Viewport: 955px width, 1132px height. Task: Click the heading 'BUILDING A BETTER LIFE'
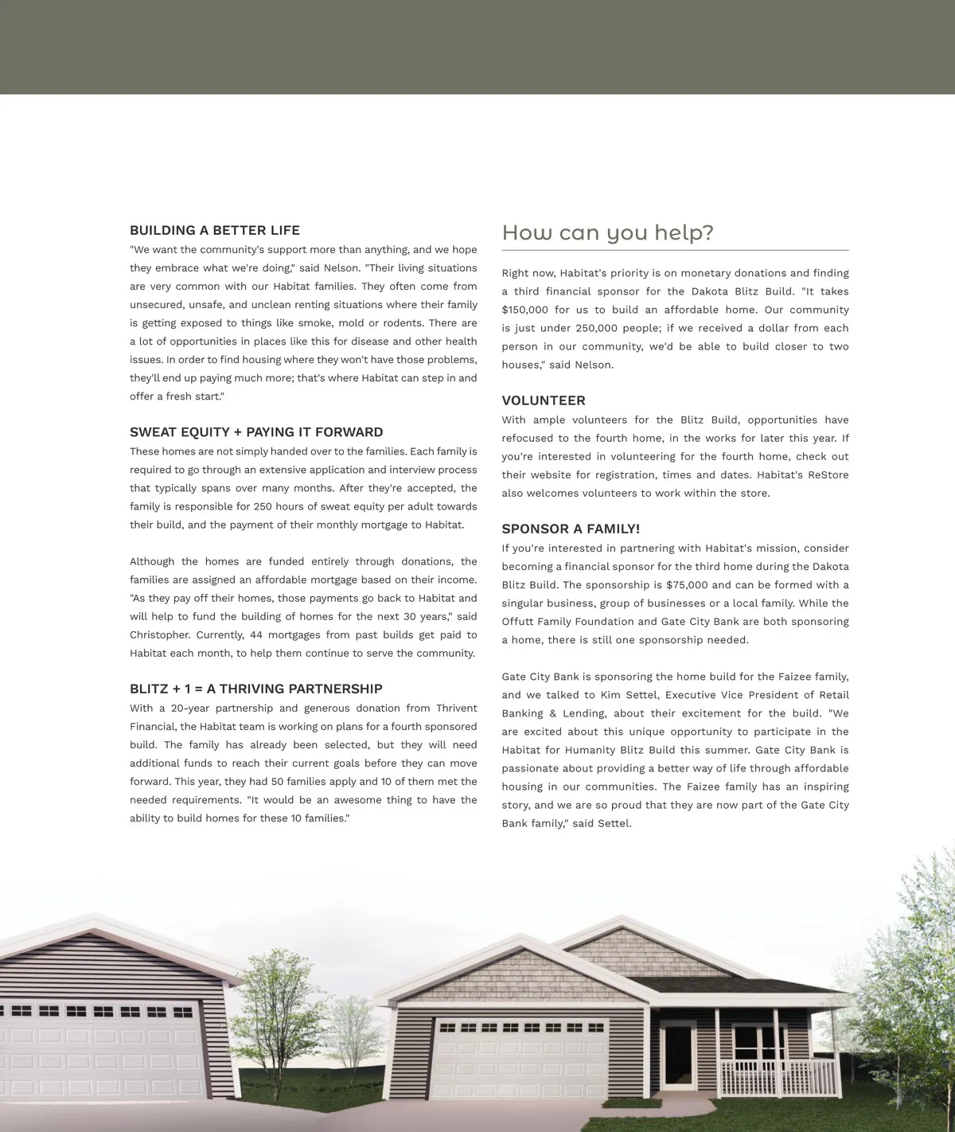[x=215, y=231]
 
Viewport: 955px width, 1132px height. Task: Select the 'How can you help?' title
[x=607, y=233]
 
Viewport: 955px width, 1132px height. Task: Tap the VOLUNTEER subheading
[x=544, y=400]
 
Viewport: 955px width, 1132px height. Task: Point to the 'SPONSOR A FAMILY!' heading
[x=571, y=529]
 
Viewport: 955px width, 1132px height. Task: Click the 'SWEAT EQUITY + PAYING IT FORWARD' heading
[x=256, y=432]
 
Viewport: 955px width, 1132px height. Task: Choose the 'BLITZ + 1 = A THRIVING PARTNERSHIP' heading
[x=256, y=689]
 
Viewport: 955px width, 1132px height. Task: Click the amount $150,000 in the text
[x=525, y=310]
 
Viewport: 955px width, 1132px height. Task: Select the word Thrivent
[x=456, y=708]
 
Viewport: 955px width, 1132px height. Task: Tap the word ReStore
[x=828, y=475]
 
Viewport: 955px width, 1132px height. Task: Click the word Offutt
[x=518, y=622]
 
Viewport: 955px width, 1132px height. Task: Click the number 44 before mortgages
[x=256, y=635]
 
